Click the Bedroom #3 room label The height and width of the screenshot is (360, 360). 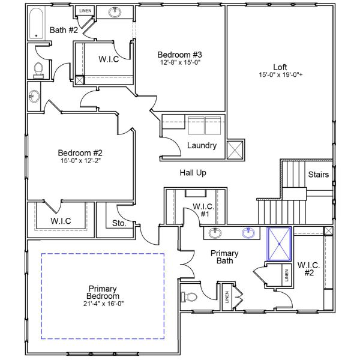[x=179, y=53]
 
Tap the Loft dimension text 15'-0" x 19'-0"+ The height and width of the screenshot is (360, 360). [x=280, y=75]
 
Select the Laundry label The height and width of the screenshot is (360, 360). [x=202, y=146]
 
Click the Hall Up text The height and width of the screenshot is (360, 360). [x=193, y=173]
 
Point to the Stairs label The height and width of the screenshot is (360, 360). [x=318, y=175]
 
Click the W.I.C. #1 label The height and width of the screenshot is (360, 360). [x=200, y=210]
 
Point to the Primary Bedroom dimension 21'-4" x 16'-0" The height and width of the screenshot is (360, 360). [x=104, y=304]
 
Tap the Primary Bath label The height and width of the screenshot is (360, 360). [x=224, y=257]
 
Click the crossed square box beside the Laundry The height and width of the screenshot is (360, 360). [x=235, y=149]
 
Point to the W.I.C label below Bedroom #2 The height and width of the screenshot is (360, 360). [x=61, y=221]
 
